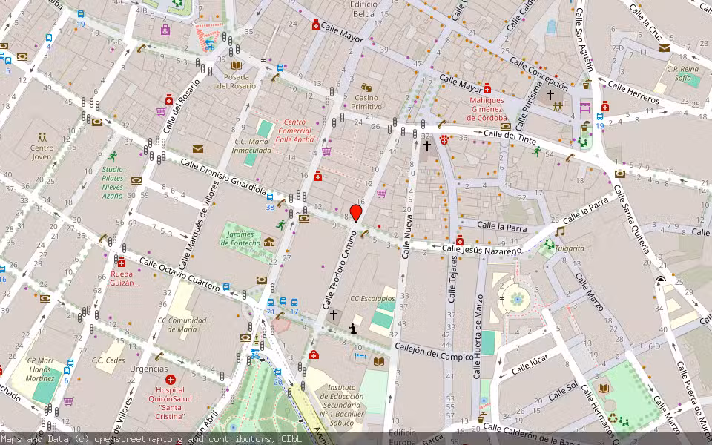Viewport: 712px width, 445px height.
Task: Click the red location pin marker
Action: coord(356,214)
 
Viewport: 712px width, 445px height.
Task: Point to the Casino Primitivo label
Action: coord(366,102)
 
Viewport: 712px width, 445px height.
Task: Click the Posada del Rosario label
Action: coord(237,81)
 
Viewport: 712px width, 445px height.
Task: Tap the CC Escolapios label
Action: coord(373,298)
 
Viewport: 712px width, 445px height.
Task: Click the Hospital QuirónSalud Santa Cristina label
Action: coord(170,403)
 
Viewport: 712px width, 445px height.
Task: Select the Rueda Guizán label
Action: coord(117,278)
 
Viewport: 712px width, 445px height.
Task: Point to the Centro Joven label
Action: coord(42,152)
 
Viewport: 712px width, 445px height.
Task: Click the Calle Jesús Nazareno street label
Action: coord(482,250)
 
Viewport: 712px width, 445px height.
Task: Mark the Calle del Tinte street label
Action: coord(510,134)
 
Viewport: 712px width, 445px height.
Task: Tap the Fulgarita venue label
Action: coord(567,248)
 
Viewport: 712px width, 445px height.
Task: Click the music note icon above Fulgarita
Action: coord(559,231)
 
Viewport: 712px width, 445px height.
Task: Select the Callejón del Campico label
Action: coord(434,352)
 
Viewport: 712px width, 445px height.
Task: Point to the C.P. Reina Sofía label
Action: coord(683,73)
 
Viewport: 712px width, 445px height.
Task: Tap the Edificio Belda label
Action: coord(363,9)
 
